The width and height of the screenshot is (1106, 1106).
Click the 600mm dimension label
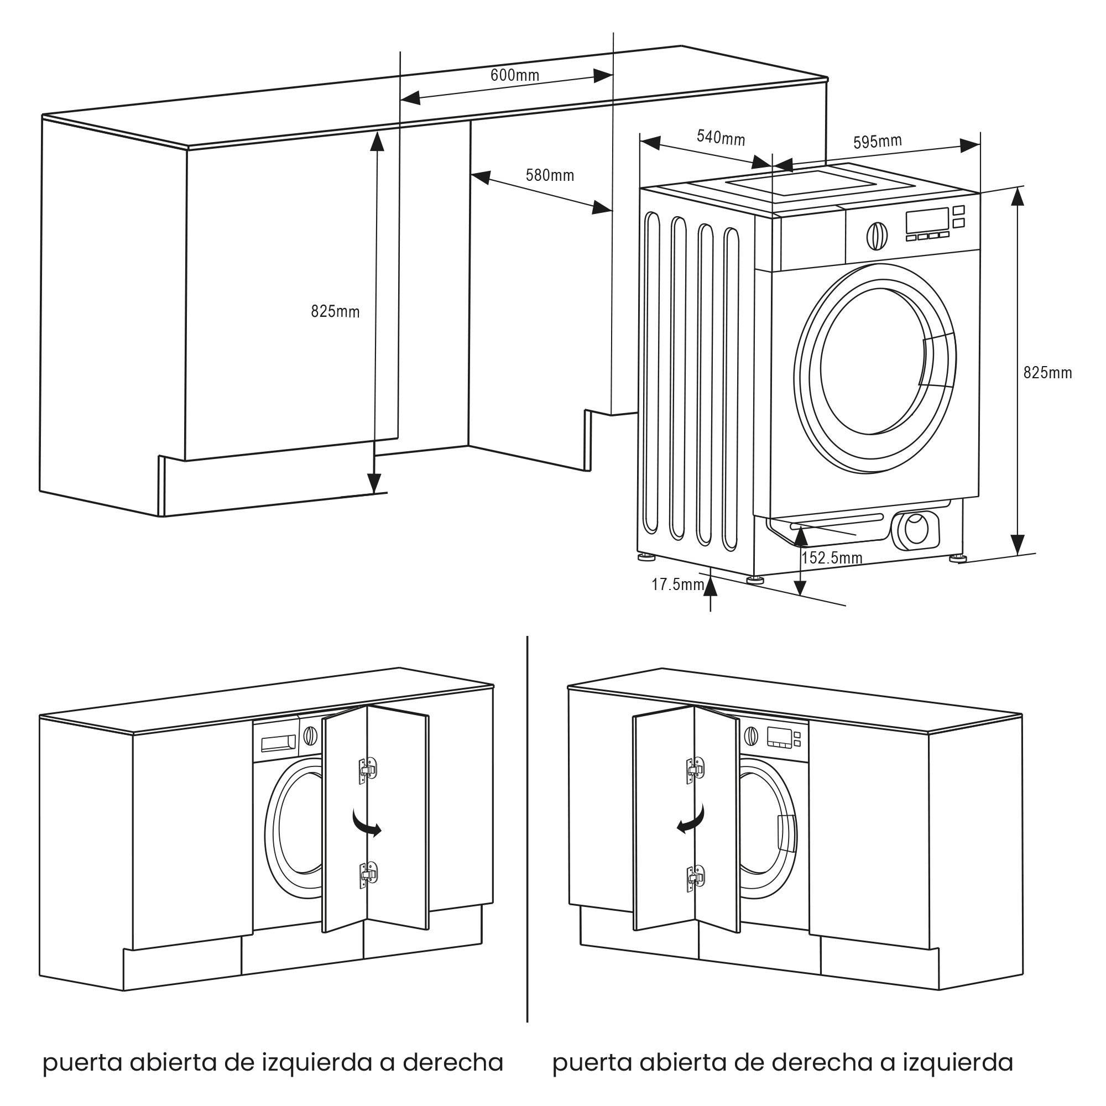tap(515, 75)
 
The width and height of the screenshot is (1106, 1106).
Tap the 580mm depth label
tap(550, 175)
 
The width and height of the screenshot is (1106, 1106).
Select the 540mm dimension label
tap(721, 137)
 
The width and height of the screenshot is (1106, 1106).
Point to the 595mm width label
tap(878, 141)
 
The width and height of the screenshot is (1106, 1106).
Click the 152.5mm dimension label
tap(832, 557)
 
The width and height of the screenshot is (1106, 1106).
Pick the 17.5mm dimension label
tap(677, 584)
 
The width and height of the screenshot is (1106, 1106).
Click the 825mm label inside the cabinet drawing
tap(335, 311)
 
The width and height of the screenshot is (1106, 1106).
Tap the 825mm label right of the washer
tap(1047, 373)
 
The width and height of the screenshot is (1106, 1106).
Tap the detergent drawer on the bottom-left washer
tap(278, 743)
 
